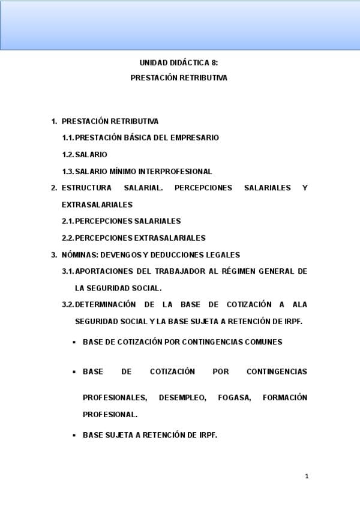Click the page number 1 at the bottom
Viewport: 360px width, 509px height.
pos(307,476)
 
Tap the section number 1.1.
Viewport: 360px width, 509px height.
pos(68,137)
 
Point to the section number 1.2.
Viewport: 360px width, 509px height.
pos(68,154)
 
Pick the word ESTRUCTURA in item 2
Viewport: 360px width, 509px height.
pos(82,188)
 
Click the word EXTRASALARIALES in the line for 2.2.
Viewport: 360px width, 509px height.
pos(170,238)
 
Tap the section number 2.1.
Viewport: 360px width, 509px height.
pos(68,221)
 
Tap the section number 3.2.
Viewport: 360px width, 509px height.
pos(68,304)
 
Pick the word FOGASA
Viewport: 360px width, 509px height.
pos(237,397)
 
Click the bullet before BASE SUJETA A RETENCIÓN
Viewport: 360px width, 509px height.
pos(74,436)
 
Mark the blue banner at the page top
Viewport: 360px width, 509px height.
pos(180,25)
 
